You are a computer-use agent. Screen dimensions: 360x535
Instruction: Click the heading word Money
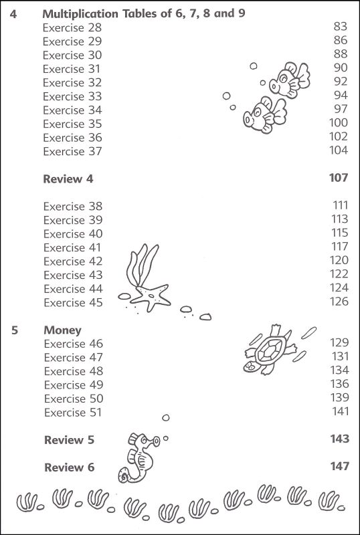click(62, 330)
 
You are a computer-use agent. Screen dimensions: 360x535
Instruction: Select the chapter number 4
click(13, 14)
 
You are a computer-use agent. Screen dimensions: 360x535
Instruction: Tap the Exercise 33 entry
click(72, 96)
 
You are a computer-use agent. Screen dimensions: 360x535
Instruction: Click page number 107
click(339, 178)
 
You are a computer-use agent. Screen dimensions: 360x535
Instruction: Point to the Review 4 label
click(68, 179)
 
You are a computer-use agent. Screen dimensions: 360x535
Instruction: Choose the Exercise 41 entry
click(72, 247)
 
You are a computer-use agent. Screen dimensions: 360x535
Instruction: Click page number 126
click(339, 302)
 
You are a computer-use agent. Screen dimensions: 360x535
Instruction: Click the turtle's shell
click(270, 350)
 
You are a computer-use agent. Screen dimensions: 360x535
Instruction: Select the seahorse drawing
click(139, 457)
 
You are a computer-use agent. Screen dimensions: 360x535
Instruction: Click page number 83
click(341, 27)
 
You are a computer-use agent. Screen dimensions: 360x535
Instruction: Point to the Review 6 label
click(70, 467)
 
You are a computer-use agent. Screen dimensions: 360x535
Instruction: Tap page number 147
click(340, 466)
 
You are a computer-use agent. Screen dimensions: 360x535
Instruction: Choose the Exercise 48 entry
click(74, 371)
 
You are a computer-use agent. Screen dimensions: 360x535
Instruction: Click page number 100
click(339, 122)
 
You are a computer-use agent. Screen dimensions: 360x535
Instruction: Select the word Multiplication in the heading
click(80, 14)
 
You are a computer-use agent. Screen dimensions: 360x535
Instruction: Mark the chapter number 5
click(14, 330)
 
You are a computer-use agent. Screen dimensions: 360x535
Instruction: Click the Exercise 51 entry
click(73, 413)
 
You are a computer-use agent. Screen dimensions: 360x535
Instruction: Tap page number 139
click(339, 397)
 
